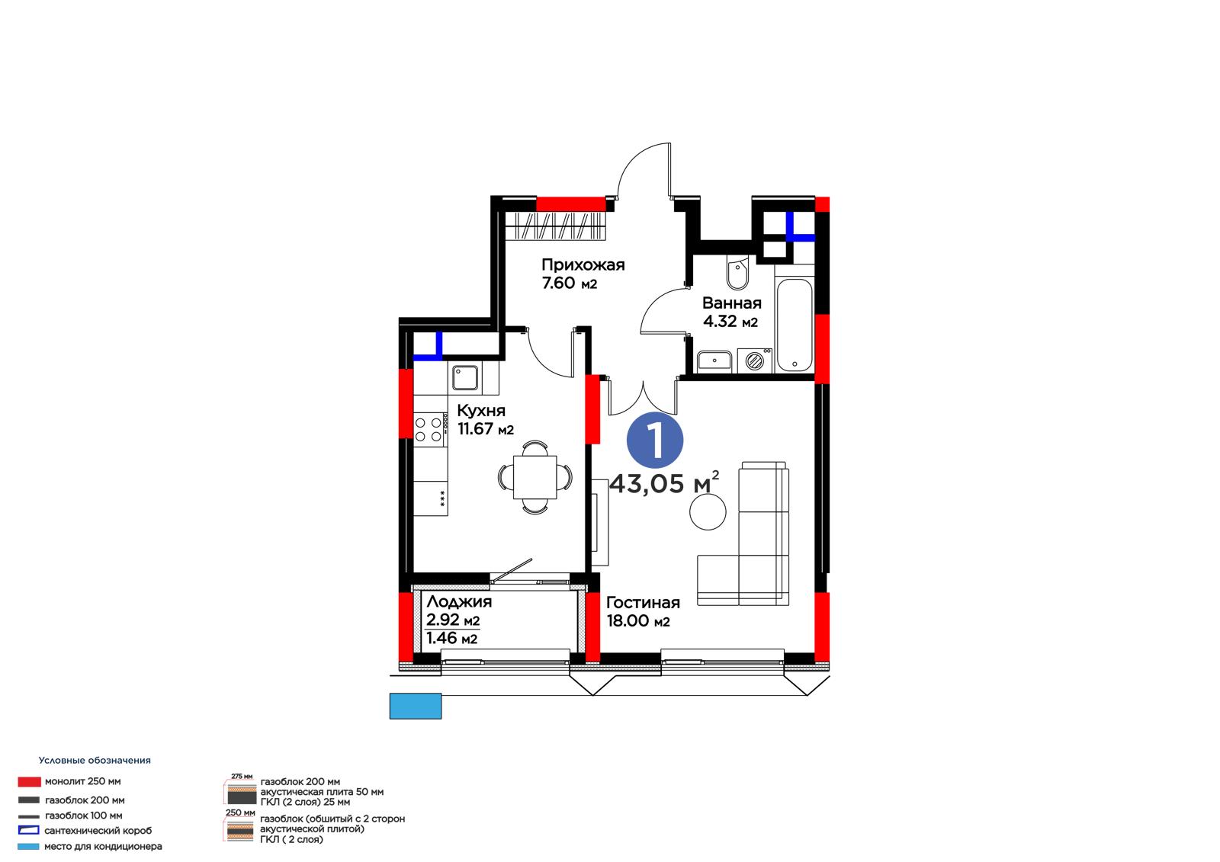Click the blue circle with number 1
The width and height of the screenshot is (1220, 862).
655,440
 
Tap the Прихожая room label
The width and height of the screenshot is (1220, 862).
583,265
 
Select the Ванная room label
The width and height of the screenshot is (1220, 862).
731,303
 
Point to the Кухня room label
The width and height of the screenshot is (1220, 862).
481,411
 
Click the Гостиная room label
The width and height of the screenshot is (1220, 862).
643,602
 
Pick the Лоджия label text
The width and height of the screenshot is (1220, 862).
459,601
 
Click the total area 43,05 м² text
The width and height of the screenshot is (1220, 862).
664,482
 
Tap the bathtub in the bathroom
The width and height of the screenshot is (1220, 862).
794,325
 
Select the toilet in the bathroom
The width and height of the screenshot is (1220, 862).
737,274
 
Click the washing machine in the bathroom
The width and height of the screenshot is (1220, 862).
754,361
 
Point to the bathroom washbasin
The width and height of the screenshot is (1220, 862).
714,361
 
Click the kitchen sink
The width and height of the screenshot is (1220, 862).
466,378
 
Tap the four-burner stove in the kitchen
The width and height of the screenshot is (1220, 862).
430,429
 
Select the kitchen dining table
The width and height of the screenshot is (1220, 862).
535,478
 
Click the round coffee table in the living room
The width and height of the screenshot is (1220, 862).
708,511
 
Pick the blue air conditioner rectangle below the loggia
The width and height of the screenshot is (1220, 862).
415,706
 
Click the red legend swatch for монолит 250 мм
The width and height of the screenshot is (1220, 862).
30,781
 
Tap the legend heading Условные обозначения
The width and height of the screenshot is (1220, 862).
95,760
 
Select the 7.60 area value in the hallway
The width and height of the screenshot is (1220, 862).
558,284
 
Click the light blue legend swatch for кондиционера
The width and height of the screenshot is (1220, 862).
28,847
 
